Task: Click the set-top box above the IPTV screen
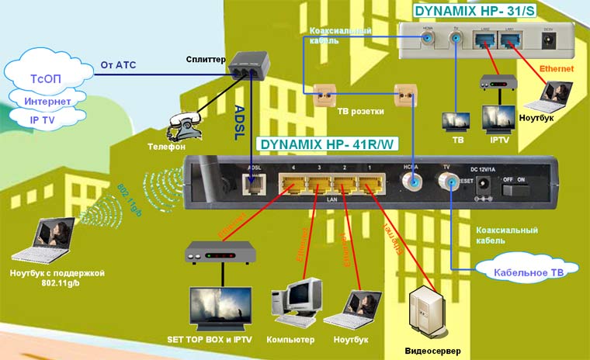pos(220,252)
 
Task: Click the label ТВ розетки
pos(360,112)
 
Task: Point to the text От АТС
pos(118,64)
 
